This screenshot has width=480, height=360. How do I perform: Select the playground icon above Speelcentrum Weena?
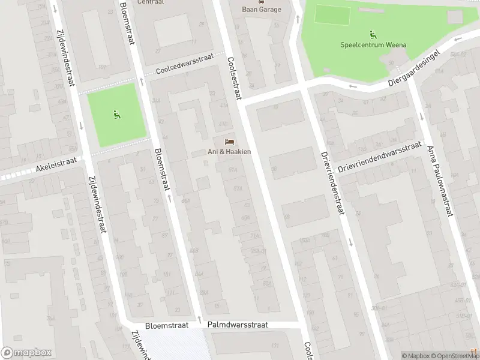tap(373, 34)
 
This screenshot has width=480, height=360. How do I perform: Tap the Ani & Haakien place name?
tap(229, 152)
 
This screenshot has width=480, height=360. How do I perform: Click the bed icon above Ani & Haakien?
tap(229, 142)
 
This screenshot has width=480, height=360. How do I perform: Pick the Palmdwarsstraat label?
tap(238, 325)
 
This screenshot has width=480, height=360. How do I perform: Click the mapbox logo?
tap(26, 353)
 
